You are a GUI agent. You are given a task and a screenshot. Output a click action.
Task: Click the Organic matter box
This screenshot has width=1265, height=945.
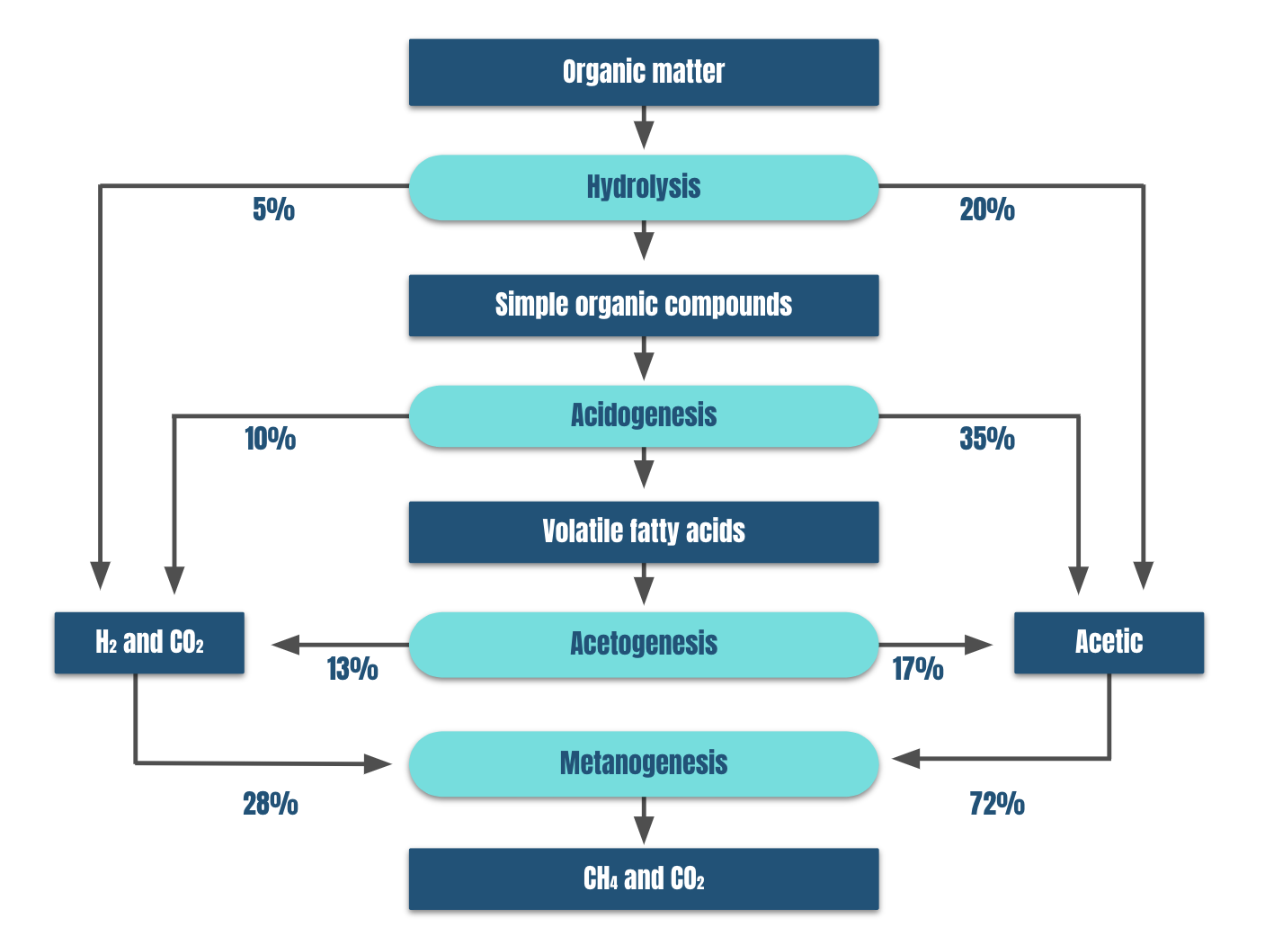[x=644, y=73]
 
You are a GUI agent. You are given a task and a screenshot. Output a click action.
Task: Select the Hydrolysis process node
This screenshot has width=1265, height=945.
[x=644, y=187]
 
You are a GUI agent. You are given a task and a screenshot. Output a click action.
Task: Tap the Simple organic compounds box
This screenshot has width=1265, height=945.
[x=644, y=306]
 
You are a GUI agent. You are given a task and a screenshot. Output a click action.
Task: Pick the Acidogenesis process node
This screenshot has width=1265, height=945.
[x=644, y=416]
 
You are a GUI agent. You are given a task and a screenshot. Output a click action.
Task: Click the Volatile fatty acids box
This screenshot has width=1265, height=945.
[x=644, y=532]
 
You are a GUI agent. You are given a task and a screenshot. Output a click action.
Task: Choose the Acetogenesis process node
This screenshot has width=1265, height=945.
[x=644, y=644]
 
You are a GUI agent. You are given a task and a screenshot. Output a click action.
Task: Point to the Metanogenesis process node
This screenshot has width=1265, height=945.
[x=644, y=764]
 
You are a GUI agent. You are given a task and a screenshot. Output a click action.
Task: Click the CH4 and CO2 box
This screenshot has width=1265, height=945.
[x=644, y=878]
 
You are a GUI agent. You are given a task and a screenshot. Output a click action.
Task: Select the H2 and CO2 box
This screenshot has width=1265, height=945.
[x=149, y=643]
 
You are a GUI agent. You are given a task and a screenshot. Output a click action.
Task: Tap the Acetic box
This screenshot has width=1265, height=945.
[x=1109, y=643]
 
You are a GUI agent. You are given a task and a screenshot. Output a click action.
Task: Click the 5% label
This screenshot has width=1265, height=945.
[x=273, y=210]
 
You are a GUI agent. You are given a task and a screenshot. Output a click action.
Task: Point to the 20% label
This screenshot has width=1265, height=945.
[x=987, y=210]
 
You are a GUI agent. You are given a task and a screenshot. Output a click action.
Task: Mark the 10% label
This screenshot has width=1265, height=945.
[x=271, y=439]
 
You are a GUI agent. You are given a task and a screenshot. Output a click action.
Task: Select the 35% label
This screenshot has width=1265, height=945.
[x=987, y=439]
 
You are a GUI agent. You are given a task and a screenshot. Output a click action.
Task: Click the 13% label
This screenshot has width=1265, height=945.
[x=352, y=669]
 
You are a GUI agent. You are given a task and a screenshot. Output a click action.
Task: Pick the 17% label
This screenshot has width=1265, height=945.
[x=918, y=669]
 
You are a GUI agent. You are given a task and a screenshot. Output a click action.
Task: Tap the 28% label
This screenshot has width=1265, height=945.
[x=271, y=804]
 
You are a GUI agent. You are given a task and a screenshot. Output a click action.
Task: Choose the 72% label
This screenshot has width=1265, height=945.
[x=997, y=804]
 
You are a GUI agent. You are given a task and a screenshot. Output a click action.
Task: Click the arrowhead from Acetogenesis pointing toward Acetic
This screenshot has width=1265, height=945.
[x=978, y=645]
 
